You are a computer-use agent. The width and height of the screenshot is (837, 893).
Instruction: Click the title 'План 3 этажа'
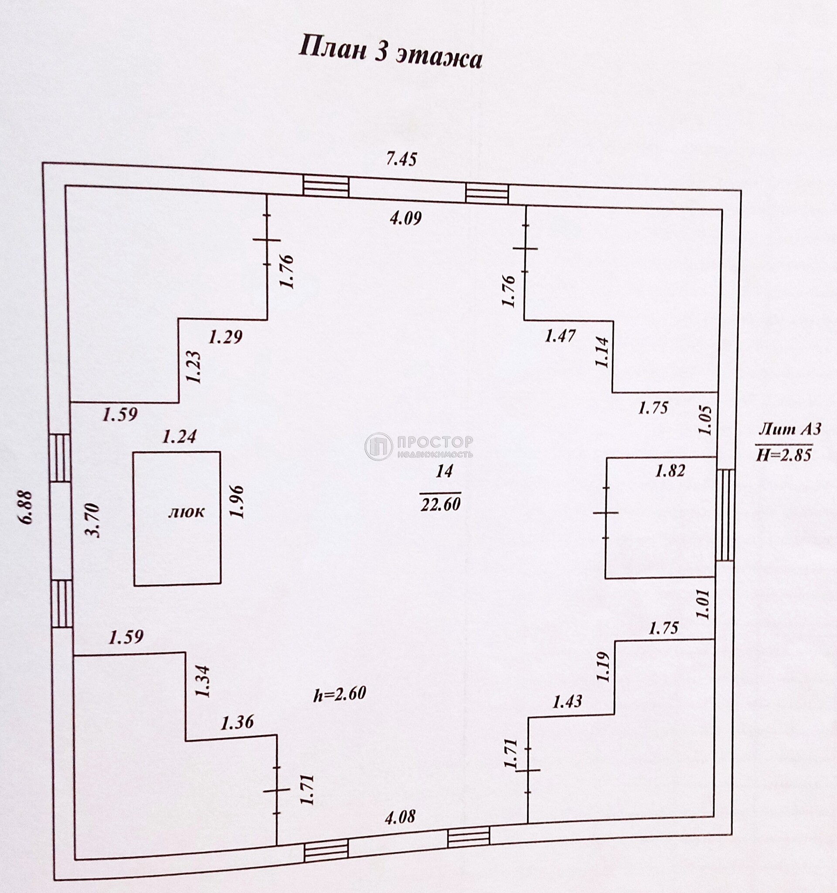click(390, 53)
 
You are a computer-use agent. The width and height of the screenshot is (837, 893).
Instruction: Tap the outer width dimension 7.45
click(401, 159)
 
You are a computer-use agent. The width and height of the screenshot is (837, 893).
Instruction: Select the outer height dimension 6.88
click(26, 507)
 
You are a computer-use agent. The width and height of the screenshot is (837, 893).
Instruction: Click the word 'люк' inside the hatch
click(186, 511)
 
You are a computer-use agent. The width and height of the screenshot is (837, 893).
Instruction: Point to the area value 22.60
click(440, 504)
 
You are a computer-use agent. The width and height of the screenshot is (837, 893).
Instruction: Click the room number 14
click(444, 471)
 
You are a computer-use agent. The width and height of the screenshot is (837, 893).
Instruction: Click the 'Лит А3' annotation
click(789, 429)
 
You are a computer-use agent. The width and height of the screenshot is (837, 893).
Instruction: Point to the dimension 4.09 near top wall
click(405, 219)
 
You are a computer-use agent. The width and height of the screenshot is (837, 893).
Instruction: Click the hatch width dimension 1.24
click(179, 436)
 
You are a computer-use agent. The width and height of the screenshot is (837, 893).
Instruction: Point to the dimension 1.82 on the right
click(670, 471)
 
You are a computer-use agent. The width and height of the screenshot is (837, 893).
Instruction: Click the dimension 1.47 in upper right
click(560, 336)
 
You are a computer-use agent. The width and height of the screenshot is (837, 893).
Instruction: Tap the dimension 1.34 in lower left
click(203, 681)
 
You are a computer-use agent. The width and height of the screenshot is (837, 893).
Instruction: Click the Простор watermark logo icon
click(378, 446)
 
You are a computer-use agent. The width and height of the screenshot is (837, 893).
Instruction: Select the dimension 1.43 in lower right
click(567, 702)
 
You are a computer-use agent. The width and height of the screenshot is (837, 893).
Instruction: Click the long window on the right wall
click(725, 515)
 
